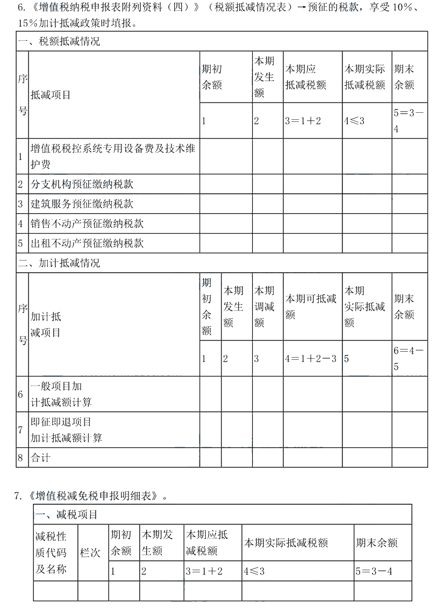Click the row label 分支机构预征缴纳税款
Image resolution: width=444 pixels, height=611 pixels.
coord(82,184)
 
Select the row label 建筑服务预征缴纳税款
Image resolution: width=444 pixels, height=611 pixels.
coord(82,204)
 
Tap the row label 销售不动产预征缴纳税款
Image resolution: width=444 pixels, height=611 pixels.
coord(87,223)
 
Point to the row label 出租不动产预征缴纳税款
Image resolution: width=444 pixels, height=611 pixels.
coord(87,243)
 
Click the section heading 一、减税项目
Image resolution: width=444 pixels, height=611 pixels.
coord(67,515)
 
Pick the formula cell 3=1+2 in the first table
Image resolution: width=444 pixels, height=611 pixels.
coord(303,121)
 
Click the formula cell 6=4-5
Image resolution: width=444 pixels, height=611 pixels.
coord(409,358)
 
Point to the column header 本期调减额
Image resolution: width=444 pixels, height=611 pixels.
coord(264,306)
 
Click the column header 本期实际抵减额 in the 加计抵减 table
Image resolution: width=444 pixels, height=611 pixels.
coord(364,306)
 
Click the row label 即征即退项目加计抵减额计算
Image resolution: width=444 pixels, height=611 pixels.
coord(66,430)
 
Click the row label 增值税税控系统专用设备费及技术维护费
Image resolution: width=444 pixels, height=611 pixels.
coord(113,157)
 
